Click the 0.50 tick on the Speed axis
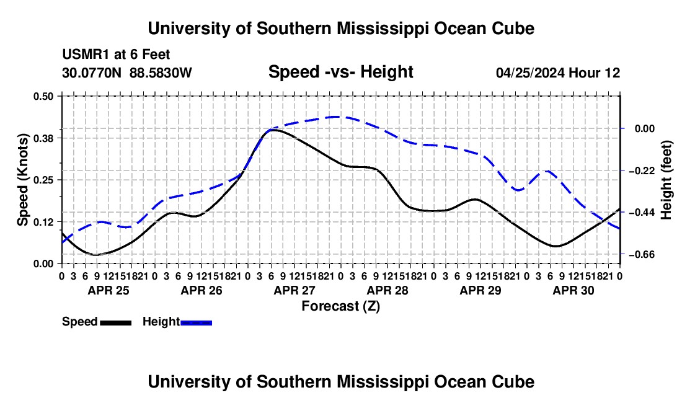click(43, 96)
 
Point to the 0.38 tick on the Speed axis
click(43, 138)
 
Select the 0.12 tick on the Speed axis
click(43, 222)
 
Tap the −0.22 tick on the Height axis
click(642, 170)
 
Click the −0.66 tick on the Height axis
click(642, 254)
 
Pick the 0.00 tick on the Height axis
click(645, 129)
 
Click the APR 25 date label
click(108, 290)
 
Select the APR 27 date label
click(294, 290)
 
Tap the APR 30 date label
click(573, 290)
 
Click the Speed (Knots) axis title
click(22, 180)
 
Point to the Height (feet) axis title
click(666, 180)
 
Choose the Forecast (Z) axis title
click(340, 306)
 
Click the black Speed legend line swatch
click(116, 322)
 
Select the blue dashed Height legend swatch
click(196, 322)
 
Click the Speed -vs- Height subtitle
click(340, 72)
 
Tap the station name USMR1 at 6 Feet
click(116, 55)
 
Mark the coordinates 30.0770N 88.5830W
click(126, 73)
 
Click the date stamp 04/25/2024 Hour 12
click(558, 73)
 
